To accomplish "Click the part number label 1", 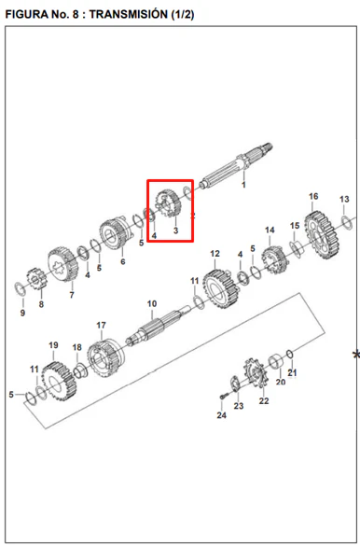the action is click(243, 185).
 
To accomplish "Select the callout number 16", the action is click(313, 196).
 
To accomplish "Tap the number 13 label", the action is click(344, 199).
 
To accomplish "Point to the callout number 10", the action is click(152, 304).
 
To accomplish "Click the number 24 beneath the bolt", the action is click(222, 415).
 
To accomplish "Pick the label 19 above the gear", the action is click(53, 345).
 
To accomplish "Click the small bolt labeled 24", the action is click(224, 396).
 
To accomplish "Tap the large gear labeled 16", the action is click(322, 234).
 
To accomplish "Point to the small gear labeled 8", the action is click(36, 279).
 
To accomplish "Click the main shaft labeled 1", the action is click(236, 166).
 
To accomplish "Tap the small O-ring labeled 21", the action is click(290, 355).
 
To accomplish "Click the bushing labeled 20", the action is click(277, 363).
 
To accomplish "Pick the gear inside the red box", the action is click(168, 203).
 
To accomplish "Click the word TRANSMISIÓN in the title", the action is click(128, 14).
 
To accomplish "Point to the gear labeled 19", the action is click(59, 381).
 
